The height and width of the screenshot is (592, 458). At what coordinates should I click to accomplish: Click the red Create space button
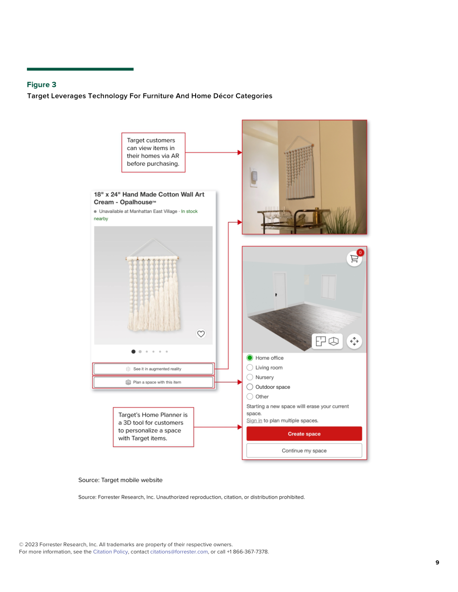(x=304, y=433)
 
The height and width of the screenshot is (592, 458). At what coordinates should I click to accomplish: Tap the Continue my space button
(x=304, y=450)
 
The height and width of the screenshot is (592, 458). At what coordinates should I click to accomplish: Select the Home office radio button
(x=249, y=357)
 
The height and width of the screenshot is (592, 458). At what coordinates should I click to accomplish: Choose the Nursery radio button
(x=249, y=377)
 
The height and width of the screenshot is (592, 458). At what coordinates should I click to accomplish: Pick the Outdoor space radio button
(x=249, y=387)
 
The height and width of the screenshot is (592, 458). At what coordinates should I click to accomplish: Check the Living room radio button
(x=249, y=367)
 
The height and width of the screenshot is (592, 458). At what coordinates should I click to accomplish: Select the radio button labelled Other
(x=249, y=397)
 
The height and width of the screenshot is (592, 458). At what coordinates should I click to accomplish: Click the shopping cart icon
(x=354, y=258)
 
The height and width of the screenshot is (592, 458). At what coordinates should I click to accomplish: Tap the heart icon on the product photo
(x=201, y=334)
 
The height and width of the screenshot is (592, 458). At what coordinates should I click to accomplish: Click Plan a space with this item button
(x=153, y=382)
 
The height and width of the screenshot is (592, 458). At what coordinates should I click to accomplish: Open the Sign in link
(x=254, y=421)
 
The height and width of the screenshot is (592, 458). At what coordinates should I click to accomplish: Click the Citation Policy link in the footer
(x=111, y=552)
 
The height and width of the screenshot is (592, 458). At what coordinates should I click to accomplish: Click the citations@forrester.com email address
(x=179, y=552)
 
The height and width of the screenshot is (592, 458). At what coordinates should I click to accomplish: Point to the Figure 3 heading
(x=42, y=85)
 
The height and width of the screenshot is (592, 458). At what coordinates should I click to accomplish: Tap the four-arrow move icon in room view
(x=354, y=341)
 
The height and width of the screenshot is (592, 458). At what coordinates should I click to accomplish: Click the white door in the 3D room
(x=280, y=290)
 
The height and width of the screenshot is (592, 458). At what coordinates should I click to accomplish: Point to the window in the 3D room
(x=329, y=287)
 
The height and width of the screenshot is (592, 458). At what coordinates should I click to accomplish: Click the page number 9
(x=437, y=563)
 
